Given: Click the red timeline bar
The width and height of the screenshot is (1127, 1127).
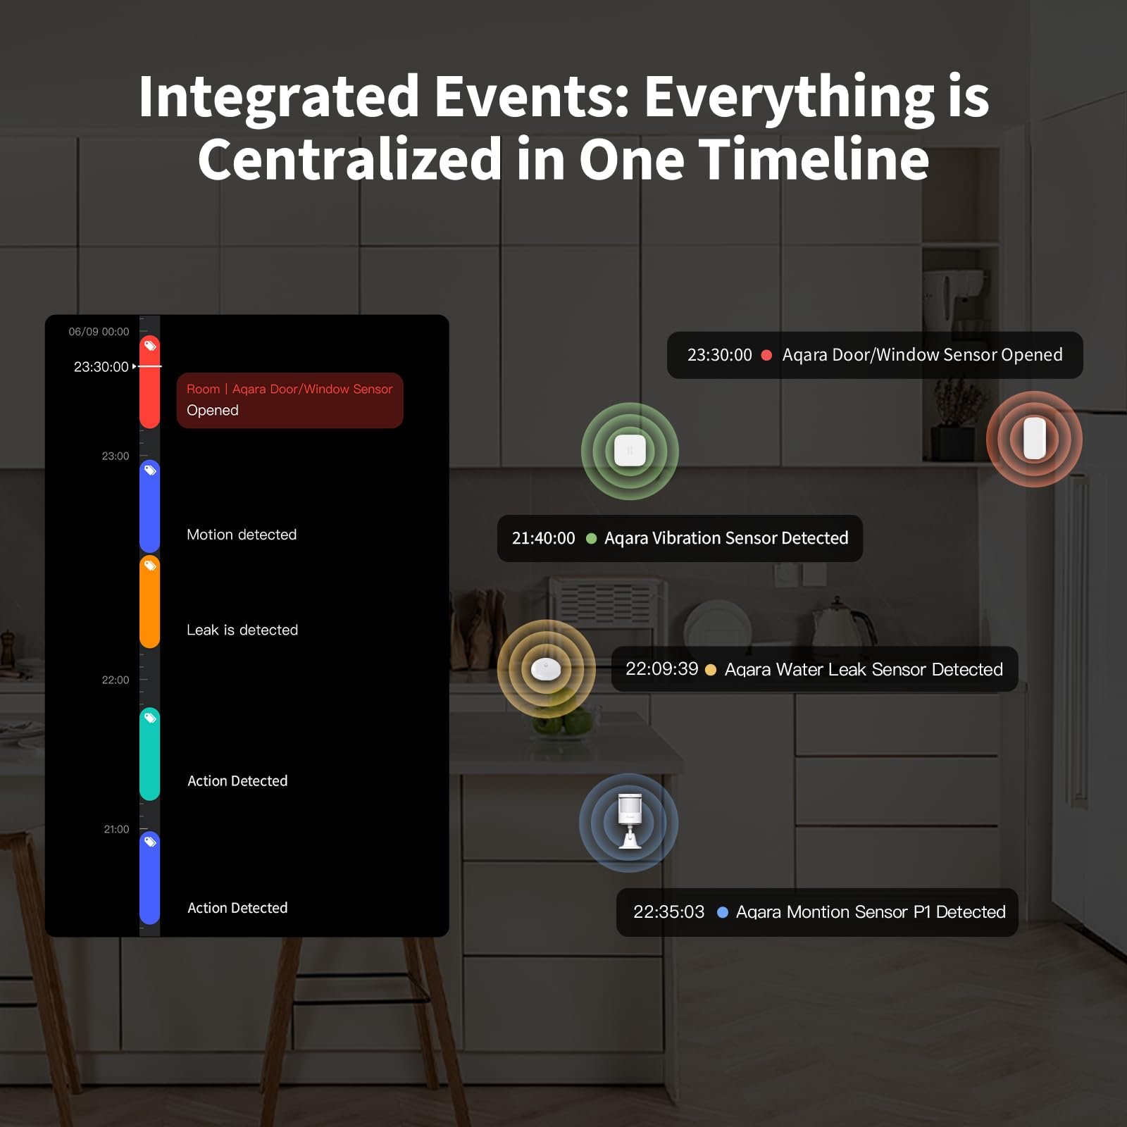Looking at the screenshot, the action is pyautogui.click(x=150, y=382).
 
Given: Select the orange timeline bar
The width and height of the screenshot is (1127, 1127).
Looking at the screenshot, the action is pyautogui.click(x=150, y=602).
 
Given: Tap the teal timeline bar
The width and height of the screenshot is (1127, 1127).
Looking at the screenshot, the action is pyautogui.click(x=150, y=754).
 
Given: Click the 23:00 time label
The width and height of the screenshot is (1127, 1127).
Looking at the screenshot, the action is pyautogui.click(x=116, y=456).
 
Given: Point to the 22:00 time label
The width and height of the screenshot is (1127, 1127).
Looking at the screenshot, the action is pyautogui.click(x=116, y=680).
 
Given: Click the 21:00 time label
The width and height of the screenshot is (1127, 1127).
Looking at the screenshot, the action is pyautogui.click(x=116, y=829).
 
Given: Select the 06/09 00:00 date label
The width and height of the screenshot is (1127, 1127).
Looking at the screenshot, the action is pyautogui.click(x=99, y=332).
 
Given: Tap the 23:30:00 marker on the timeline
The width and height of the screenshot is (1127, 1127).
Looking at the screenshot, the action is pyautogui.click(x=101, y=367).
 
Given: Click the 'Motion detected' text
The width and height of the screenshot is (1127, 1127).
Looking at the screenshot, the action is pyautogui.click(x=242, y=535).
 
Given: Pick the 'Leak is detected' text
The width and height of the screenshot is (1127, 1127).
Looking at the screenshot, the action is pyautogui.click(x=242, y=630).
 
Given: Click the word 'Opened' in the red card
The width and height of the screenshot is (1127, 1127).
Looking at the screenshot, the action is pyautogui.click(x=213, y=410).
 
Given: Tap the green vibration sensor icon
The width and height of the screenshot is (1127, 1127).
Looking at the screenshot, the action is pyautogui.click(x=630, y=451).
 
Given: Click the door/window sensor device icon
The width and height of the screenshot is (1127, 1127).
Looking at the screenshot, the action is pyautogui.click(x=1034, y=439).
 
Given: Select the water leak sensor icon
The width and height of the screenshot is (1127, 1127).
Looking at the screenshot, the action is pyautogui.click(x=546, y=668).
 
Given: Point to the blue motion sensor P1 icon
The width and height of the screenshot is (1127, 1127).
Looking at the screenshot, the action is pyautogui.click(x=629, y=823).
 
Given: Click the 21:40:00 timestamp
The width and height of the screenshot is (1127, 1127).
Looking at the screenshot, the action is pyautogui.click(x=543, y=538).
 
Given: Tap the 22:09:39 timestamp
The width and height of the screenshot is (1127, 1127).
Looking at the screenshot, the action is pyautogui.click(x=661, y=668).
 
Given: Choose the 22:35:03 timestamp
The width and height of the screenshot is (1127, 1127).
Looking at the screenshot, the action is pyautogui.click(x=668, y=912).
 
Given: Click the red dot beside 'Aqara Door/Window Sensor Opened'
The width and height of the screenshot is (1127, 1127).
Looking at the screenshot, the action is pyautogui.click(x=766, y=355).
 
